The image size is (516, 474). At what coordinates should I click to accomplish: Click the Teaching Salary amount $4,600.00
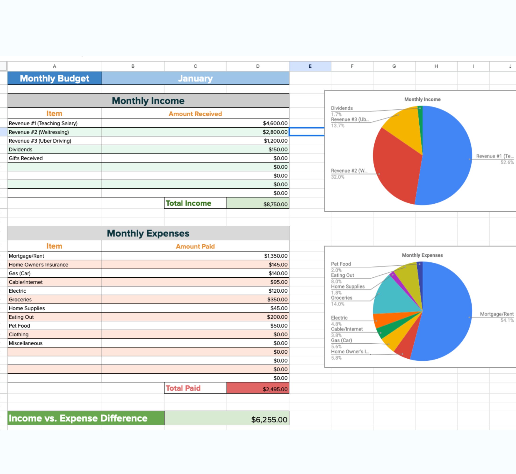click(x=275, y=123)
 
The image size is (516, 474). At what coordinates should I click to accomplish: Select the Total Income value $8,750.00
click(x=275, y=204)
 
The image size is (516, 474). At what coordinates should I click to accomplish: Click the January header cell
click(x=195, y=78)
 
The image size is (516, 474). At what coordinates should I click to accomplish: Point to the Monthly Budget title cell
click(x=54, y=78)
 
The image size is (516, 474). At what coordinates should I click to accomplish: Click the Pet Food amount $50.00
click(x=279, y=326)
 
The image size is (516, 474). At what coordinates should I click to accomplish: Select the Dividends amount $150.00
click(x=278, y=150)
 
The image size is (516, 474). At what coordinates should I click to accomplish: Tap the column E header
click(x=310, y=66)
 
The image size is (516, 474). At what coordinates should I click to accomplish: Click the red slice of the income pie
click(x=396, y=167)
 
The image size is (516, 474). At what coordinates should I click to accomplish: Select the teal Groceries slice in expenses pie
click(x=393, y=298)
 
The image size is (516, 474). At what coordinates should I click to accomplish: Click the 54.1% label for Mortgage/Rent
click(x=507, y=320)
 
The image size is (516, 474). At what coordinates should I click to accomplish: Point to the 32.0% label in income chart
click(x=338, y=177)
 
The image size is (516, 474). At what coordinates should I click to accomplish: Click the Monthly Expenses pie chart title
click(x=422, y=255)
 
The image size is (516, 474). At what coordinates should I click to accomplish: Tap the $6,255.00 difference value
click(x=269, y=420)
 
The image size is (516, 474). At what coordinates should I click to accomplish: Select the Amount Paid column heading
click(x=195, y=246)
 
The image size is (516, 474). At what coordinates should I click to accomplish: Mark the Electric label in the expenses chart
click(x=339, y=318)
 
